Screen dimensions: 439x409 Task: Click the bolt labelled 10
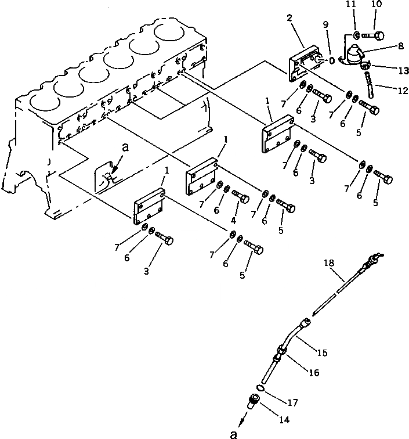pyautogui.click(x=372, y=36)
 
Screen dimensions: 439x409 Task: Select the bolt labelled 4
pyautogui.click(x=241, y=197)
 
